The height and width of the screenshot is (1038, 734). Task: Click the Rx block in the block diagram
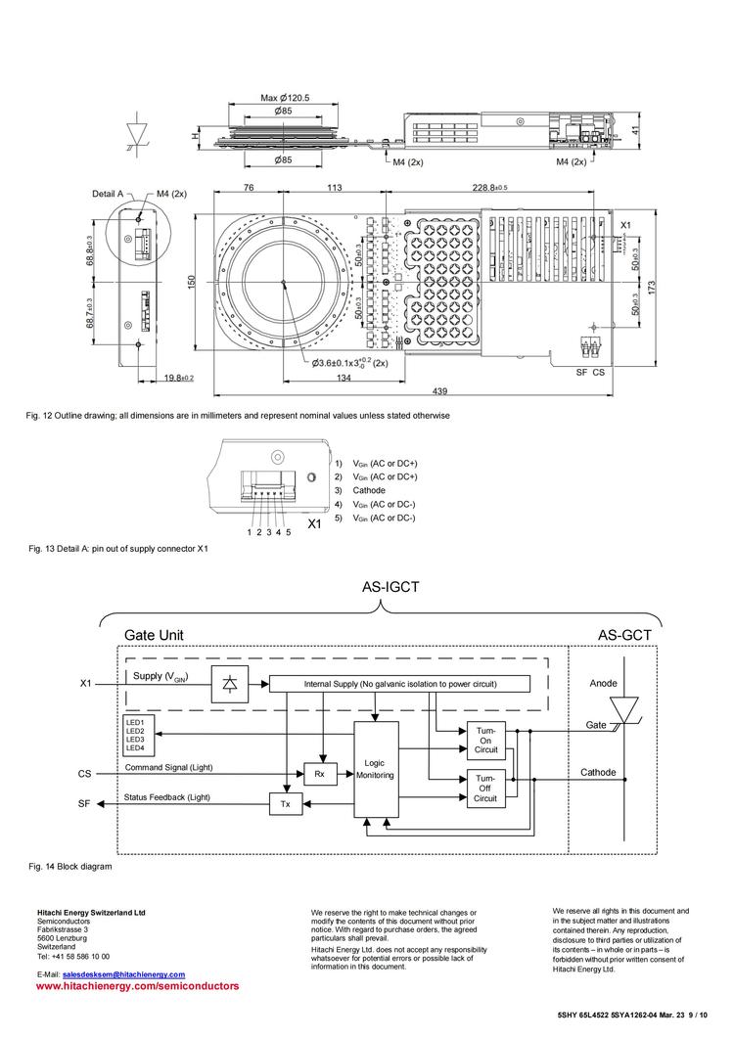click(319, 773)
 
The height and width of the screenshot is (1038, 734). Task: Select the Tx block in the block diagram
click(286, 803)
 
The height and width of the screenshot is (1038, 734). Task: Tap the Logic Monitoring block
click(376, 769)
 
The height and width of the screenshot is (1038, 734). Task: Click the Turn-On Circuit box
click(485, 740)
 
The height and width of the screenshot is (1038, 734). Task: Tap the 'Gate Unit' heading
click(153, 635)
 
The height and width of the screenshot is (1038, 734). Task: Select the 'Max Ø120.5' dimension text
click(285, 98)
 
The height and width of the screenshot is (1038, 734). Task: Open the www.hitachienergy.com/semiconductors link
click(137, 987)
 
